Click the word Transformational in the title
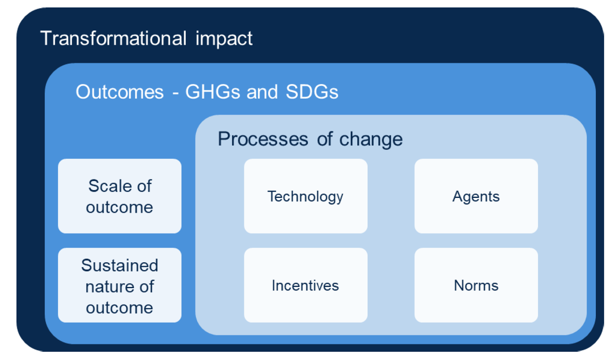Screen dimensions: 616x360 pyautogui.click(x=113, y=38)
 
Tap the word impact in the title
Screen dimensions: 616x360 pyautogui.click(x=224, y=39)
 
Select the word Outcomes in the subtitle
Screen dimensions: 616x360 pyautogui.click(x=120, y=92)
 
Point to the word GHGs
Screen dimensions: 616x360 pyautogui.click(x=212, y=92)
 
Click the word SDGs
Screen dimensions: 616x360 pyautogui.click(x=312, y=92)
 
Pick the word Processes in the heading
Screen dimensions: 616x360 pyautogui.click(x=263, y=139)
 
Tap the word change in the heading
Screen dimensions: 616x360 pyautogui.click(x=371, y=140)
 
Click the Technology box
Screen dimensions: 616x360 pyautogui.click(x=305, y=196)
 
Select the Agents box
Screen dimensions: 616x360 pyautogui.click(x=476, y=196)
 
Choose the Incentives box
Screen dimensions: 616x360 pyautogui.click(x=305, y=285)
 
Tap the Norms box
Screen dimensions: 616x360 pyautogui.click(x=476, y=285)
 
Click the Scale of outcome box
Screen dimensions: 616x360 pyautogui.click(x=120, y=196)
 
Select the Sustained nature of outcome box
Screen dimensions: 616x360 pyautogui.click(x=120, y=285)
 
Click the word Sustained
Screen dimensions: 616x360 pyautogui.click(x=120, y=265)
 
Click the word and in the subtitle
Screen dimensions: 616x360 pyautogui.click(x=262, y=92)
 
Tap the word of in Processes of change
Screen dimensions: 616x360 pyautogui.click(x=325, y=139)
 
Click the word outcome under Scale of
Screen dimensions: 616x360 pyautogui.click(x=119, y=207)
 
